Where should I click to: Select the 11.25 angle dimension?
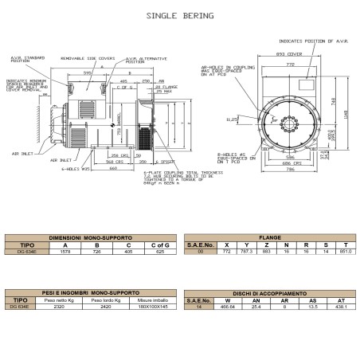(x=233, y=120)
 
